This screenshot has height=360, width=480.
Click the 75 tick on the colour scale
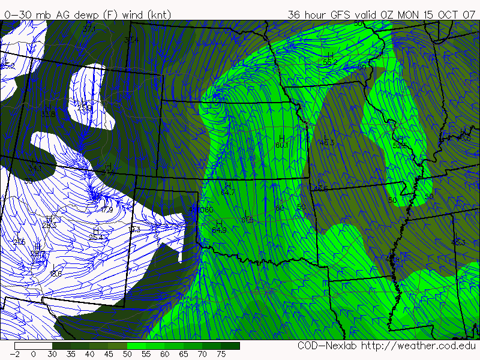pyautogui.click(x=221, y=354)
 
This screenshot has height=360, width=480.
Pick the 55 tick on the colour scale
pyautogui.click(x=146, y=354)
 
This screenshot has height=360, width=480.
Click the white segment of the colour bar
pyautogui.click(x=34, y=346)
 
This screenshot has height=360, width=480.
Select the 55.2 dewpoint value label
pyautogui.click(x=327, y=62)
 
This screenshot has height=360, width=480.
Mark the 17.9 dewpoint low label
pyautogui.click(x=106, y=209)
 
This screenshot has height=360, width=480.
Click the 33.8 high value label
pyautogui.click(x=49, y=114)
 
